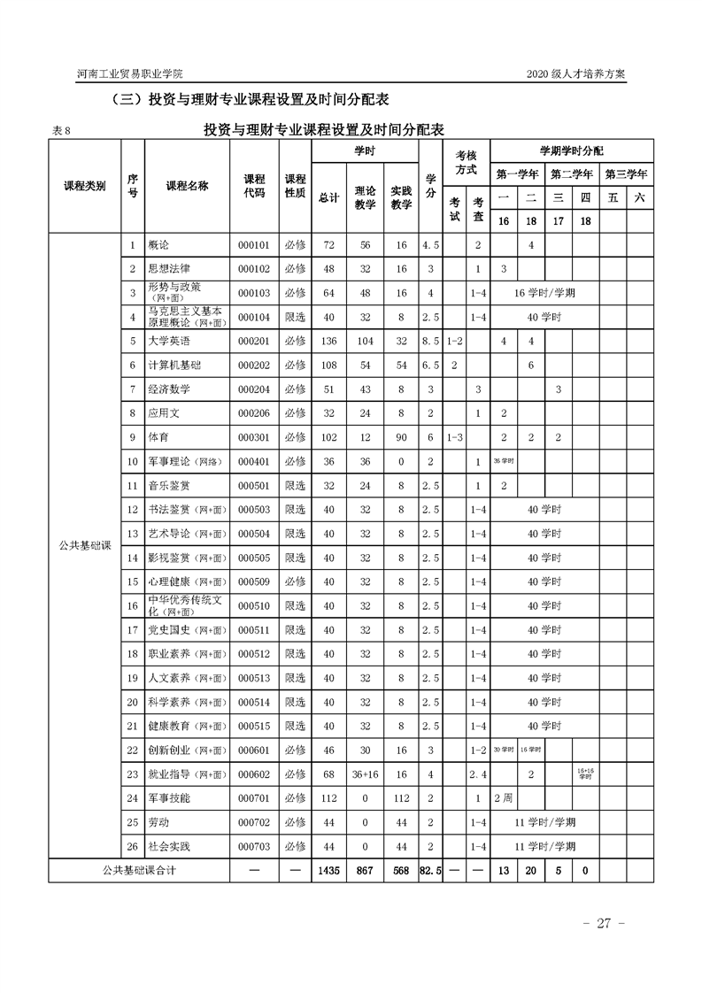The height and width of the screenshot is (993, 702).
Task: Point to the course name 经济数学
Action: tap(170, 389)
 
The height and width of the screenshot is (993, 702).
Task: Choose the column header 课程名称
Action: tap(187, 186)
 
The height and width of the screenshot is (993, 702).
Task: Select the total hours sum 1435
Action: tap(328, 870)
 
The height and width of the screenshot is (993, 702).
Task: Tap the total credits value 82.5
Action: tap(430, 870)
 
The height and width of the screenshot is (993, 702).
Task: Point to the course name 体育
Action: tap(158, 437)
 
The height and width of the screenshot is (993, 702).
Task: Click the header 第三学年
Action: tap(626, 173)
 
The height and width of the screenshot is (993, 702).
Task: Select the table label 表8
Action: tap(61, 131)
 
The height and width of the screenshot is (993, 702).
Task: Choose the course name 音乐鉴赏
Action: tap(170, 486)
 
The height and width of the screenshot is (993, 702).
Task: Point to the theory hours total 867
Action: tap(365, 870)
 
